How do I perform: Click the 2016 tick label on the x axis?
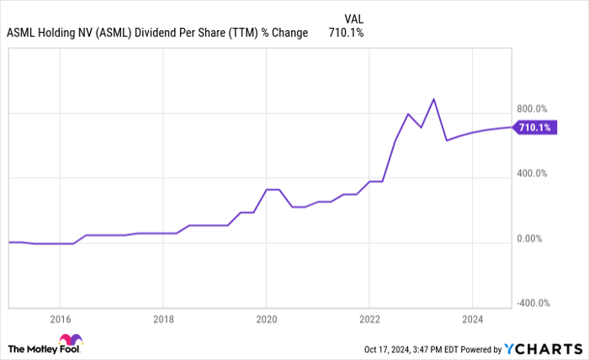(60, 319)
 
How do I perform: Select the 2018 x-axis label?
(163, 319)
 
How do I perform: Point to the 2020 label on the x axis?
(266, 319)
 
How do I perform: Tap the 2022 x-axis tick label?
(369, 319)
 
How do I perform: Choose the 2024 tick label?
(472, 319)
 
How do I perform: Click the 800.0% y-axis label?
(531, 109)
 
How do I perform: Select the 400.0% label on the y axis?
(531, 173)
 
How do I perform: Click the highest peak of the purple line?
(432, 99)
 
